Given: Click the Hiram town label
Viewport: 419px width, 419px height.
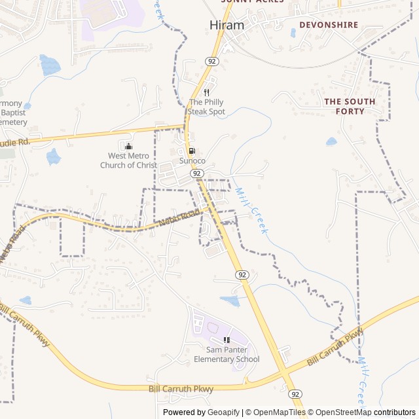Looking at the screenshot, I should click(x=227, y=25).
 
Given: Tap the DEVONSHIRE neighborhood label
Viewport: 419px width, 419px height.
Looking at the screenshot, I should click(x=329, y=25).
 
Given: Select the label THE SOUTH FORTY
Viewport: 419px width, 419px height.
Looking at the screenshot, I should click(x=350, y=106).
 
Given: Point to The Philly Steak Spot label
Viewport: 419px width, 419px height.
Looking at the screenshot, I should click(x=206, y=107).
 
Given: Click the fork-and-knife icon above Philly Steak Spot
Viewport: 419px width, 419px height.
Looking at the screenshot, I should click(x=206, y=92).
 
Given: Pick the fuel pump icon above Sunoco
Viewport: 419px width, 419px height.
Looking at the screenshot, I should click(x=192, y=151).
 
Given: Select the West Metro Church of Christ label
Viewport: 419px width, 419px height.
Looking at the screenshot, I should click(x=128, y=160).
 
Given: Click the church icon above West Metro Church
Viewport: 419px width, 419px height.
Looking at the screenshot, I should click(x=128, y=146).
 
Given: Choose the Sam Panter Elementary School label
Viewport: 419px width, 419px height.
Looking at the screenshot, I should click(x=227, y=354).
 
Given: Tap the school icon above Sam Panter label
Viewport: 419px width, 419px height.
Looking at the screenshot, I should click(x=227, y=340).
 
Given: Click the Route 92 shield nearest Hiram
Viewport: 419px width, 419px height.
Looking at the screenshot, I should click(x=211, y=61).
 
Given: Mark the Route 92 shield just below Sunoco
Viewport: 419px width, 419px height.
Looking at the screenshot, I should click(x=196, y=173).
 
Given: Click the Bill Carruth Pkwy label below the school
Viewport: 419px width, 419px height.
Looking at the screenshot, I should click(x=181, y=389).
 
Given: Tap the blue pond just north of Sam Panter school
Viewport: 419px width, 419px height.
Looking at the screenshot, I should click(x=230, y=301).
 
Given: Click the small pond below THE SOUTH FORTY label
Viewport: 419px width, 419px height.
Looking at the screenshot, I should click(x=331, y=141).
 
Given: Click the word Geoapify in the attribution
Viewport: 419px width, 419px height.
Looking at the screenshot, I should click(x=223, y=412).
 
